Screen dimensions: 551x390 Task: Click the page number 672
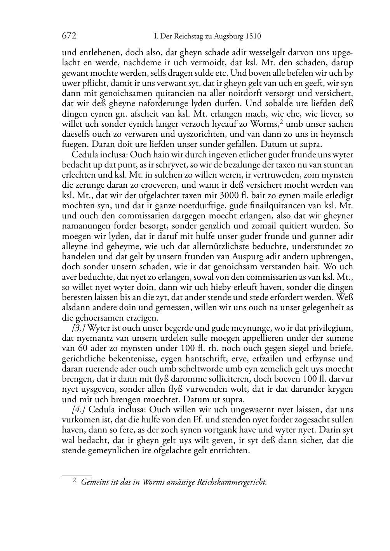tap(69, 36)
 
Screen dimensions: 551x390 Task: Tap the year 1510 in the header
tap(252, 37)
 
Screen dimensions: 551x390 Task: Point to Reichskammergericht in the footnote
tap(232, 482)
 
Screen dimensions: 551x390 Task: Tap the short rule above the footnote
tap(77, 475)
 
